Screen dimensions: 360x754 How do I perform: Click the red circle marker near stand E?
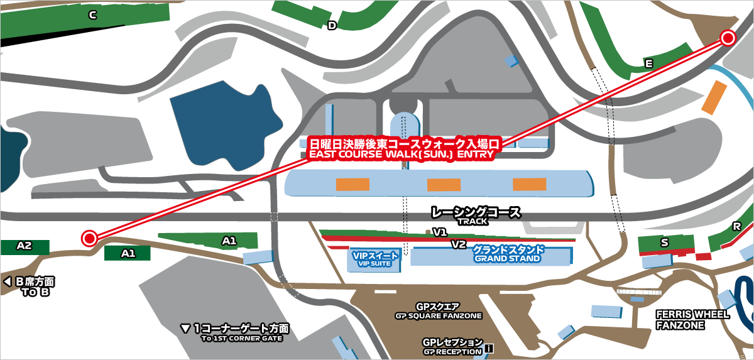728,38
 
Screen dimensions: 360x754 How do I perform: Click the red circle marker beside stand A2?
89,238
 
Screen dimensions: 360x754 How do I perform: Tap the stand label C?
92,15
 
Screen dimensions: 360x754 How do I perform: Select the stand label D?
332,26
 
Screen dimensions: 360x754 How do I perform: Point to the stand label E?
649,63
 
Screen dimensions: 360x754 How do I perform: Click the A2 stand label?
24,246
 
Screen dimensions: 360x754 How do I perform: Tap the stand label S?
664,242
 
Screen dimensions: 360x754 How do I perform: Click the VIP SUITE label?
376,259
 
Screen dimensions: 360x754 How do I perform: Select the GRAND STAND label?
508,254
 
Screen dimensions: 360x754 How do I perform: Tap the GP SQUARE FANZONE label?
438,311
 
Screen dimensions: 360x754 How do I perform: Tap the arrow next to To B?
7,282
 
